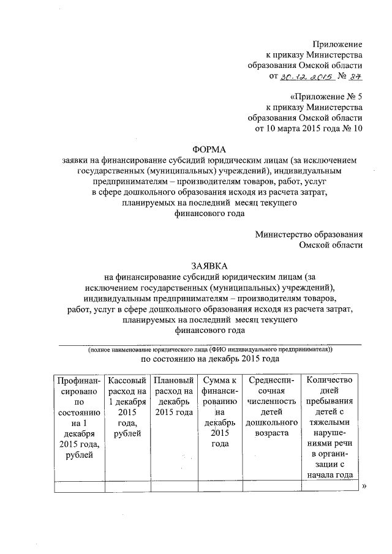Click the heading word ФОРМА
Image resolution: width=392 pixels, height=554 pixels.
(209, 149)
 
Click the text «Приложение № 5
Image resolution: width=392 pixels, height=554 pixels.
(325, 97)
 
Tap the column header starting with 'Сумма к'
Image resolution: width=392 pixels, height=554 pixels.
(220, 381)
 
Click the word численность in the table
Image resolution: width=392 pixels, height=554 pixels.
(269, 402)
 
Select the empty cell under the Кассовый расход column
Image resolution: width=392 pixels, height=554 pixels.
(126, 487)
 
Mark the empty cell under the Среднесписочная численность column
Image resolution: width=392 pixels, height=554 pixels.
(269, 487)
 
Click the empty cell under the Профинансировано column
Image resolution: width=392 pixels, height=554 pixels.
(78, 487)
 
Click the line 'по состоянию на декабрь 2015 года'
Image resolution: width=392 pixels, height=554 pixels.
(211, 361)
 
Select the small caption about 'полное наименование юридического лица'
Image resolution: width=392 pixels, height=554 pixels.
(209, 350)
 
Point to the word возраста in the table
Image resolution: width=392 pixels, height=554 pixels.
(269, 433)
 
